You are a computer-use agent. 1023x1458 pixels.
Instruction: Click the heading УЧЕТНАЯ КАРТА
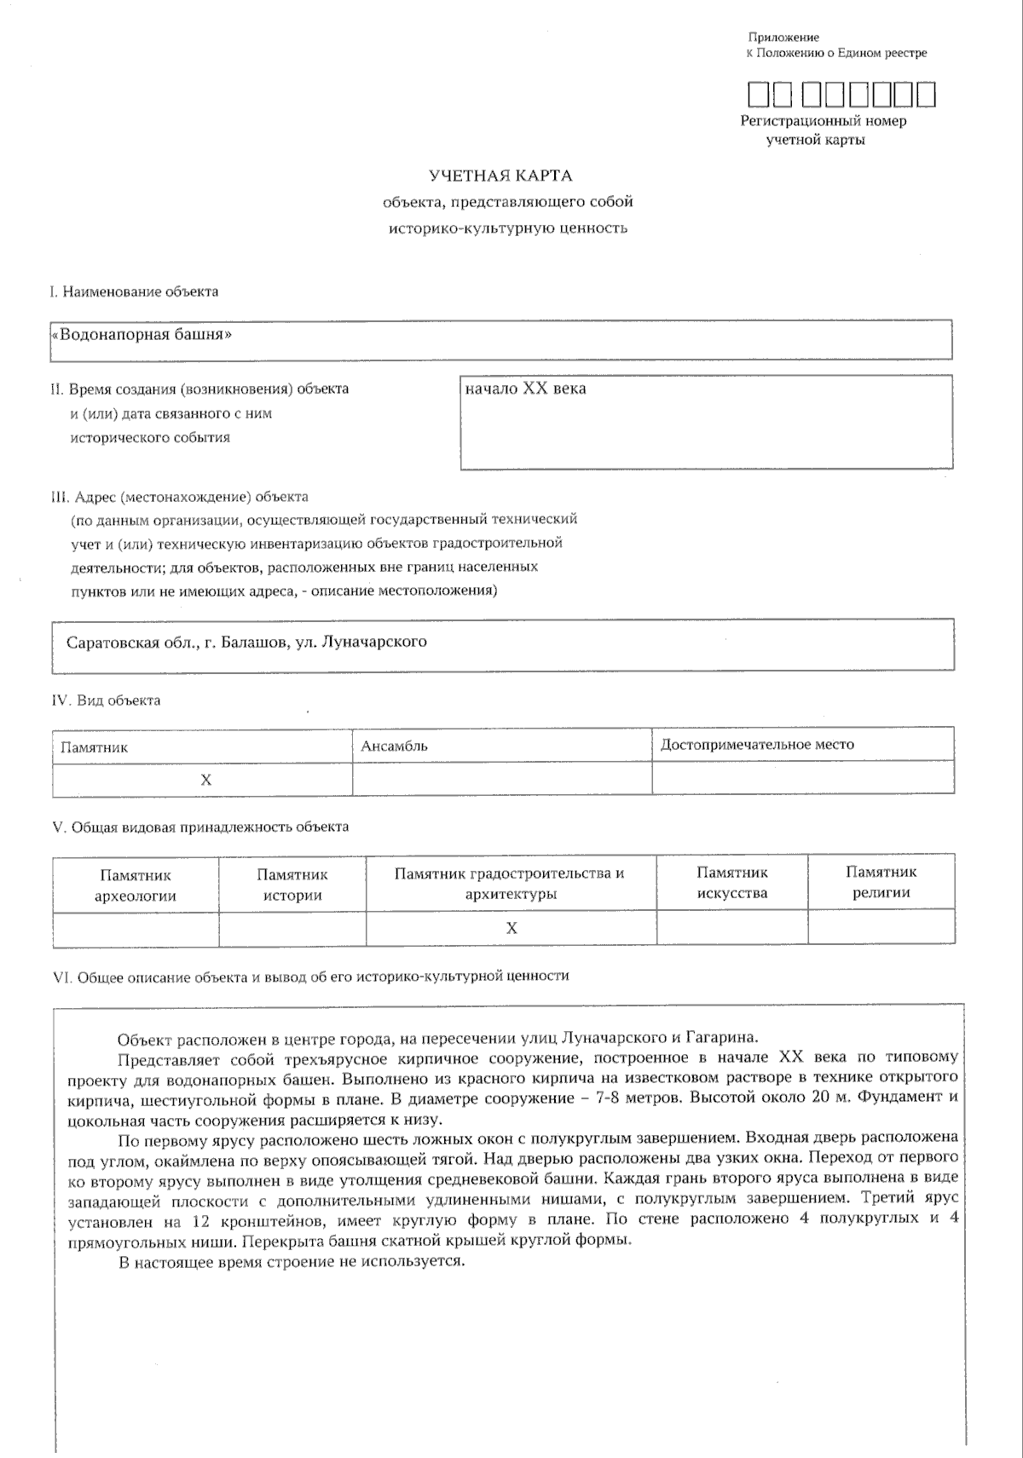(500, 176)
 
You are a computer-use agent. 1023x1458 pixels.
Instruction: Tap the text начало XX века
(525, 389)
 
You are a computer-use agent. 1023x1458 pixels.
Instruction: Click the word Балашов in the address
(253, 642)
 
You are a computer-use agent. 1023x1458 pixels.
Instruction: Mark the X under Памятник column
(205, 780)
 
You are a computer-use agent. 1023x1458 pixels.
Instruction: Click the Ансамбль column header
(394, 746)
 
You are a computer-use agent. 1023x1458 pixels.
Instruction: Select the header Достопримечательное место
(757, 745)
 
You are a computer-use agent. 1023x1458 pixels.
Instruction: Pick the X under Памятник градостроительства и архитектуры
(511, 928)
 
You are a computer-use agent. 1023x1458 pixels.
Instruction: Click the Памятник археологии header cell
(136, 885)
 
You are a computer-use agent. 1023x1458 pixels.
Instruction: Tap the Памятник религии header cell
(881, 883)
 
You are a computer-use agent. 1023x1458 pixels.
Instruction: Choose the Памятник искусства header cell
(731, 884)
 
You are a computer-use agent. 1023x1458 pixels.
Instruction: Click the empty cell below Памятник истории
(292, 929)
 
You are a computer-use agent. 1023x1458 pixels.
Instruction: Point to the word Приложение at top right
(783, 37)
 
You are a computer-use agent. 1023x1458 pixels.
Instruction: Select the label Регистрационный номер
(823, 121)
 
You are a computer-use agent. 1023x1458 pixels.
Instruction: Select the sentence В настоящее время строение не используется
(291, 1262)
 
